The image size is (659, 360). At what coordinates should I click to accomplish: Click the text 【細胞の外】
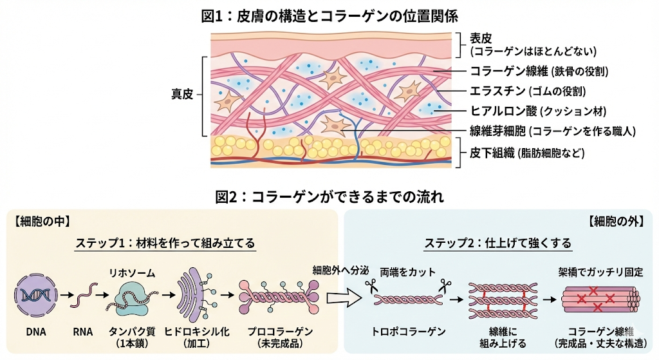click(x=615, y=221)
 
